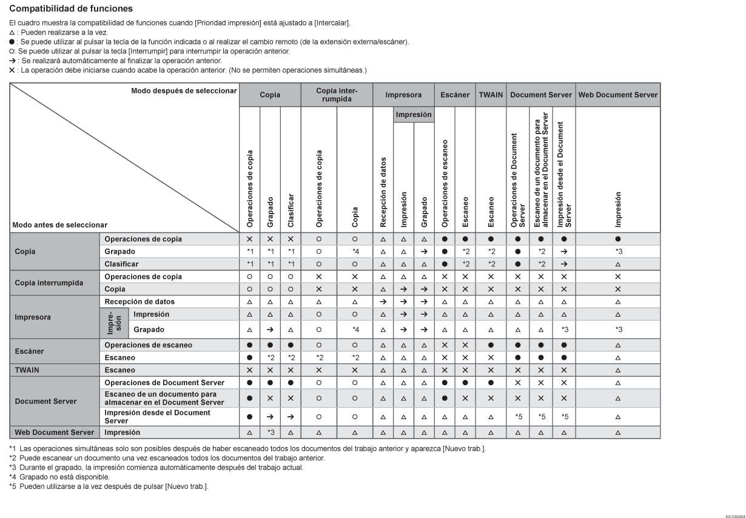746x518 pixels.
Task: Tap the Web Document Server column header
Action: (x=617, y=95)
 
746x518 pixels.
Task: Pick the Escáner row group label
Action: (x=29, y=351)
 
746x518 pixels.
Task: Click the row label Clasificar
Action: (x=121, y=264)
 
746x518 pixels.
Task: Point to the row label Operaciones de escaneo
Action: (x=149, y=345)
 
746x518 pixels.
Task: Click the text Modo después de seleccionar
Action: (x=183, y=90)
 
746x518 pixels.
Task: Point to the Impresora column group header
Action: (x=403, y=95)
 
